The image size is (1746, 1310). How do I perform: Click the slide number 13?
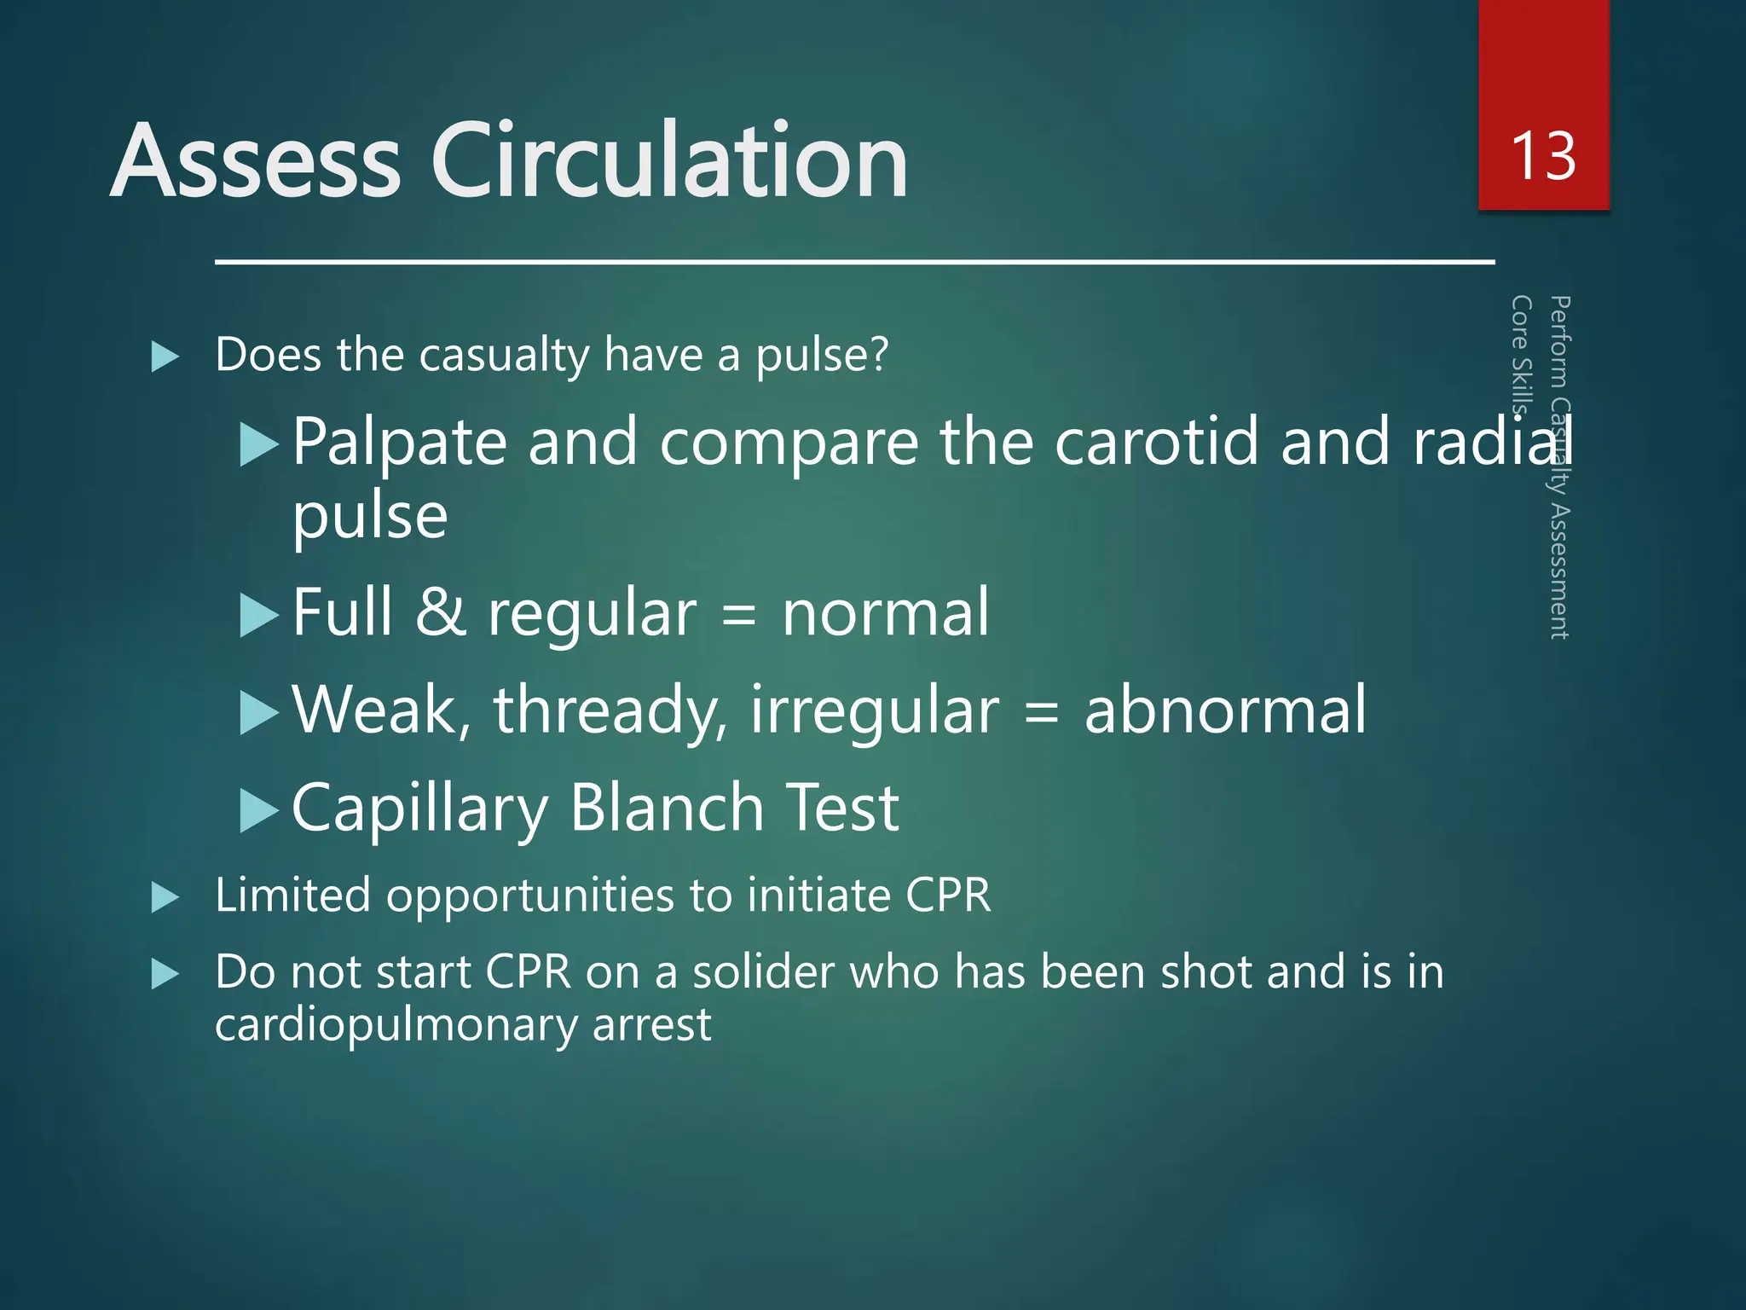point(1542,157)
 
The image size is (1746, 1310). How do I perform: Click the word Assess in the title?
point(255,161)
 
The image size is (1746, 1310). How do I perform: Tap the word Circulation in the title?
point(669,161)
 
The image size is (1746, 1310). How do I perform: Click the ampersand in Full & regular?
point(441,612)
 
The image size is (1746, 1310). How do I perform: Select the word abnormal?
point(1224,710)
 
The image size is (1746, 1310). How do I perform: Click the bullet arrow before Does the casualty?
point(165,356)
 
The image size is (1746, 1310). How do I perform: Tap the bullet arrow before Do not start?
point(165,974)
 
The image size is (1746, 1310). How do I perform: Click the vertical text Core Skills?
point(1521,355)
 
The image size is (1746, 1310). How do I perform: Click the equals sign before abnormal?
point(1040,711)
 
